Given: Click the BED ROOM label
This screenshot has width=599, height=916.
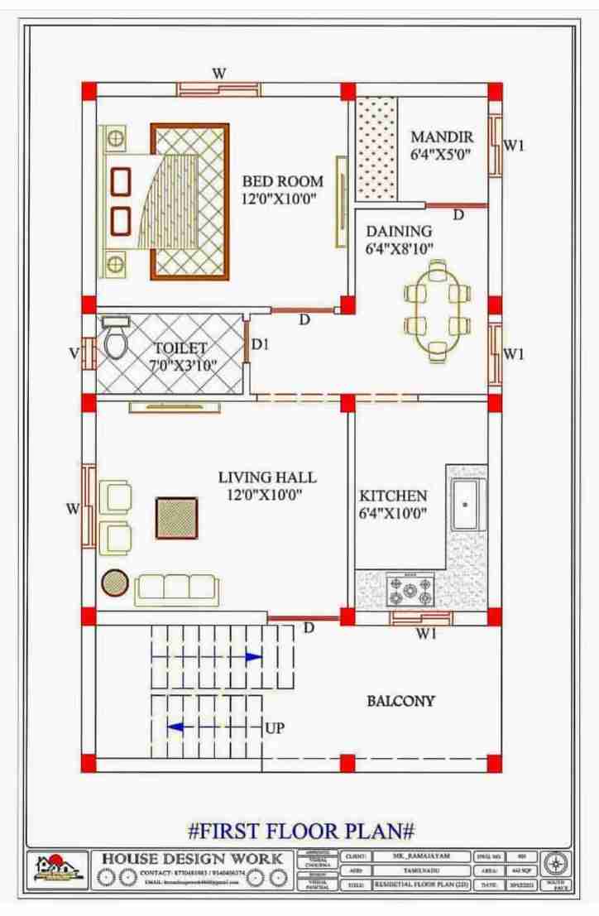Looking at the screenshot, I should (282, 181).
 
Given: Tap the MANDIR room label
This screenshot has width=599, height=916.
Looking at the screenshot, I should (442, 137).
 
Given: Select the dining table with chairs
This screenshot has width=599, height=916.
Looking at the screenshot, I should (438, 310).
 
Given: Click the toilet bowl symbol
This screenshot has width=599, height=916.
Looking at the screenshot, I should (115, 342).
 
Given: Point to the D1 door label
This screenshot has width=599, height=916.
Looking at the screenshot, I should (260, 345).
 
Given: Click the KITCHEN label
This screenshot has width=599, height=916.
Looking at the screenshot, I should (393, 496).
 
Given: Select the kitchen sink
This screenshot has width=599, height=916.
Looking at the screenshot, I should (466, 503).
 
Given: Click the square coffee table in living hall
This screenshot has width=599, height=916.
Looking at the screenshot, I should (177, 518).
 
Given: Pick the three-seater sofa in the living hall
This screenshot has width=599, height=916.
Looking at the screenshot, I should (177, 587).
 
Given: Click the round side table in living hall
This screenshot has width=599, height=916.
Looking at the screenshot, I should (113, 584).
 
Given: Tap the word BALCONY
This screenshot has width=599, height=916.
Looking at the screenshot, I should (400, 701).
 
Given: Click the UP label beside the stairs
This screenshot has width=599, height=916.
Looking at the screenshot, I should (276, 729).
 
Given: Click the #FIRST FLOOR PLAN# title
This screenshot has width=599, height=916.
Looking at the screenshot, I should (301, 829).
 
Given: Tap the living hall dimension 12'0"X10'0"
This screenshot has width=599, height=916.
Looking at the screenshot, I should (266, 495).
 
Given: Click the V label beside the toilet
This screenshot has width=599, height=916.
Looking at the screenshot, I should (74, 353).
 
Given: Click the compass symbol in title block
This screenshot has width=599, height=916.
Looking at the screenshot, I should (558, 862).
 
